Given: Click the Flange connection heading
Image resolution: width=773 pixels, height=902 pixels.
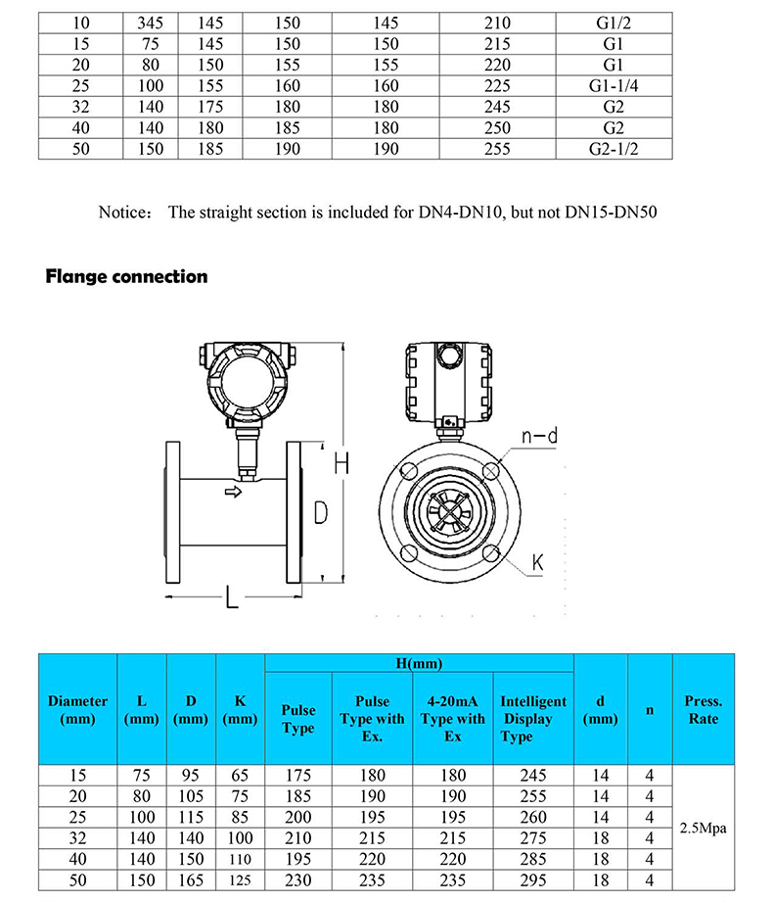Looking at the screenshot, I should pyautogui.click(x=127, y=276).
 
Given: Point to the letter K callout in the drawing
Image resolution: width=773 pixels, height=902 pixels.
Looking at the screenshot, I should pyautogui.click(x=537, y=562).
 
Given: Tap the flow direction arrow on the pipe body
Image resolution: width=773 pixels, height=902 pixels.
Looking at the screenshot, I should pyautogui.click(x=232, y=492).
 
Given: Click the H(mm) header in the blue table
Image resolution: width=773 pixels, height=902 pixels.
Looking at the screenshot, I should pyautogui.click(x=418, y=664).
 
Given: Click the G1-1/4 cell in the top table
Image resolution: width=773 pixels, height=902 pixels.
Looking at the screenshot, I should pyautogui.click(x=614, y=86).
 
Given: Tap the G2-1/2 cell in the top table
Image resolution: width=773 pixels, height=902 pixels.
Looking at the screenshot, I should pyautogui.click(x=614, y=149).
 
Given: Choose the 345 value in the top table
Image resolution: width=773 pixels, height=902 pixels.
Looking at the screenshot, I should pyautogui.click(x=143, y=23).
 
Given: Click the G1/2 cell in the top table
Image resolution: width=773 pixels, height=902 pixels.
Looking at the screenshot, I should pyautogui.click(x=614, y=23).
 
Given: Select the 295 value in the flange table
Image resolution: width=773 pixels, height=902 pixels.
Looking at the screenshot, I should pyautogui.click(x=532, y=880).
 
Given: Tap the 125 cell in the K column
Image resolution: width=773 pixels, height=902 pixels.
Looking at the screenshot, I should pyautogui.click(x=240, y=880).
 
